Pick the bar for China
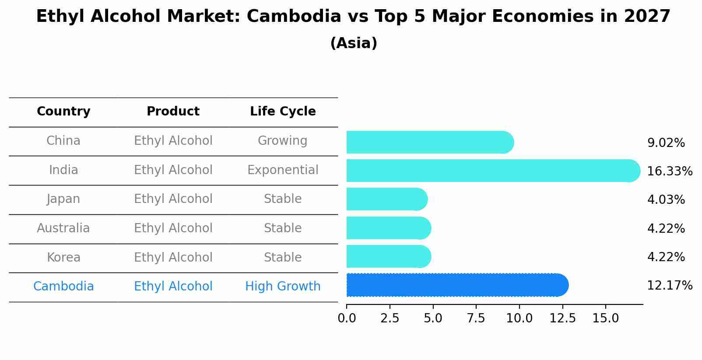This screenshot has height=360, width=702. tap(429, 142)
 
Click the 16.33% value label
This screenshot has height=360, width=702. tap(669, 171)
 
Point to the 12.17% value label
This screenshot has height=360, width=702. tap(669, 286)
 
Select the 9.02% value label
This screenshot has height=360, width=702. tap(666, 143)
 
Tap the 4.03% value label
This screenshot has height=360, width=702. tap(666, 200)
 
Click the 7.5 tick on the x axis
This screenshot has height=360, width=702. tap(476, 318)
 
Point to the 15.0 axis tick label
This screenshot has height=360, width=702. tap(605, 318)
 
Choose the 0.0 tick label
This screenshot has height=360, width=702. tap(347, 318)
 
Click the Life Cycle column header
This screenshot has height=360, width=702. tap(283, 112)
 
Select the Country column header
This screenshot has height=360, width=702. tap(63, 112)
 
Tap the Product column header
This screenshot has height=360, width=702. tap(173, 112)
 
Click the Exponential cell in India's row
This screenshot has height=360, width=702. tap(283, 170)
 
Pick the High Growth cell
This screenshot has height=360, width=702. tap(283, 287)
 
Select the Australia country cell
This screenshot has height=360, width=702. tap(63, 228)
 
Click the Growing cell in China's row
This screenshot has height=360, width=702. tap(283, 141)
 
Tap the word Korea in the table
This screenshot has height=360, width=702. tap(63, 258)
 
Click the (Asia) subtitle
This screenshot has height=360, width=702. tap(353, 43)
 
